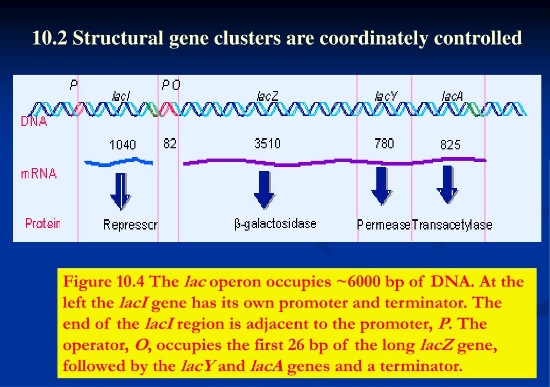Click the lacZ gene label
click(x=268, y=96)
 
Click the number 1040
click(x=123, y=145)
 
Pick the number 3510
click(x=267, y=144)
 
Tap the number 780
click(x=384, y=144)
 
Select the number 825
click(x=451, y=145)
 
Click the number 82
click(x=169, y=144)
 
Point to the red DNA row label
click(x=34, y=121)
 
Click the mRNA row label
click(x=39, y=174)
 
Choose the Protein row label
click(x=43, y=223)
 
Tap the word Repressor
click(x=130, y=225)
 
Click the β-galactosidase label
click(x=275, y=224)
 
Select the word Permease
click(x=384, y=225)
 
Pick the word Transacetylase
click(x=452, y=225)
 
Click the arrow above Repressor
click(x=120, y=191)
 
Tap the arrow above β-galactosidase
click(x=263, y=189)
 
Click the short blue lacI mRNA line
click(x=118, y=161)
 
